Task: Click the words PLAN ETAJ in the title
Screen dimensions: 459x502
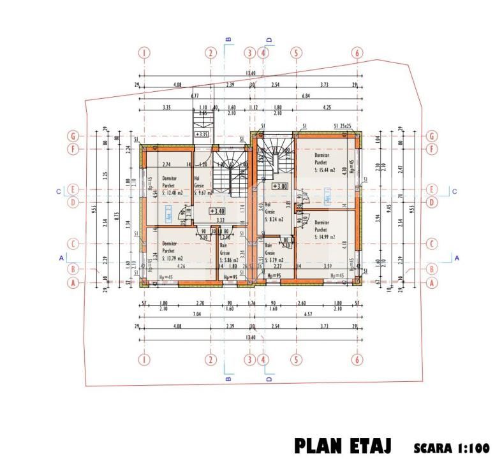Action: (343, 444)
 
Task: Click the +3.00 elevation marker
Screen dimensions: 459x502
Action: (279, 186)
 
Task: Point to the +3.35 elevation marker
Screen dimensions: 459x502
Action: (202, 135)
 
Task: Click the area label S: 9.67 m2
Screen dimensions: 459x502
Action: (205, 192)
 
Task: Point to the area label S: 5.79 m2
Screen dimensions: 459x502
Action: (276, 260)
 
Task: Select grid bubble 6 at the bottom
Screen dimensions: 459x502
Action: (357, 360)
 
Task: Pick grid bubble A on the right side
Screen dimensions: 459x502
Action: (432, 282)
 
